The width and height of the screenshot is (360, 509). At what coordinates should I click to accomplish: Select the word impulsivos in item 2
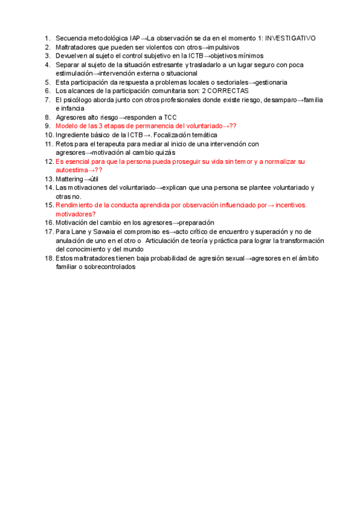221,47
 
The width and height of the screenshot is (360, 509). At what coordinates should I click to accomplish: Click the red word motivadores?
76,214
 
